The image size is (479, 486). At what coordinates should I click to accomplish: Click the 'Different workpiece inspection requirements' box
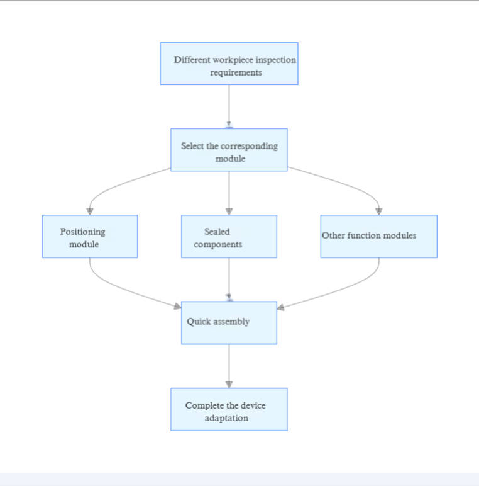pyautogui.click(x=229, y=64)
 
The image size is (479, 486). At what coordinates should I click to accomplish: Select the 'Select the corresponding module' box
pyautogui.click(x=229, y=150)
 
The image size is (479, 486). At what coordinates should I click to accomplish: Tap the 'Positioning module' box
pyautogui.click(x=90, y=237)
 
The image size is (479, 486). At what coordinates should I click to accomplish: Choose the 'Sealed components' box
pyautogui.click(x=229, y=237)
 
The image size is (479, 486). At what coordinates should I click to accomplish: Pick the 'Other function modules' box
pyautogui.click(x=378, y=237)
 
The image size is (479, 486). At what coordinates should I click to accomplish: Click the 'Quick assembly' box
pyautogui.click(x=229, y=323)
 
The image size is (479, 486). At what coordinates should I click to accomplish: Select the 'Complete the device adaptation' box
pyautogui.click(x=229, y=409)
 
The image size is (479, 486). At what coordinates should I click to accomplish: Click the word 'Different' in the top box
pyautogui.click(x=192, y=60)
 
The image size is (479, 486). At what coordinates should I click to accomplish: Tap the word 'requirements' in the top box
pyautogui.click(x=236, y=72)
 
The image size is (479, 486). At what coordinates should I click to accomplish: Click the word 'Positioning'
pyautogui.click(x=82, y=232)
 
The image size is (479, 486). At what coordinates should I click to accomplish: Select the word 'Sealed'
pyautogui.click(x=217, y=232)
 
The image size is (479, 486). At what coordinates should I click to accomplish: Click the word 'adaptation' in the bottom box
pyautogui.click(x=226, y=418)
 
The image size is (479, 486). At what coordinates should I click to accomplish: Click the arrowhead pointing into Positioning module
pyautogui.click(x=90, y=211)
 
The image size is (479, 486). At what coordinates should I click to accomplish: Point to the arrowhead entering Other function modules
pyautogui.click(x=378, y=211)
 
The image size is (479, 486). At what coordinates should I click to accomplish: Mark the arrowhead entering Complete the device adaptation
pyautogui.click(x=229, y=383)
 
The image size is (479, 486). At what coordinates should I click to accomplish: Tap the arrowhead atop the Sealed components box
pyautogui.click(x=229, y=211)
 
